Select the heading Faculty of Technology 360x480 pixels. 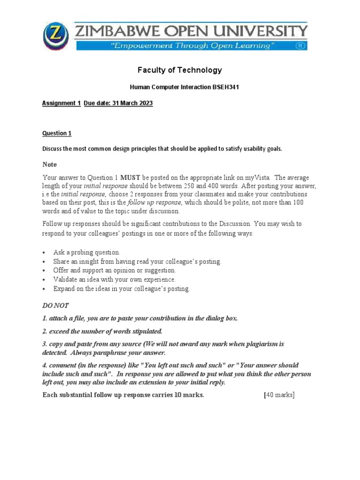(180, 70)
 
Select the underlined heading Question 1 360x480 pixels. (57, 133)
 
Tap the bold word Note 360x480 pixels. (50, 165)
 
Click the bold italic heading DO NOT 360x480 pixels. (55, 306)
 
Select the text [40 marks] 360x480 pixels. (279, 395)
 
